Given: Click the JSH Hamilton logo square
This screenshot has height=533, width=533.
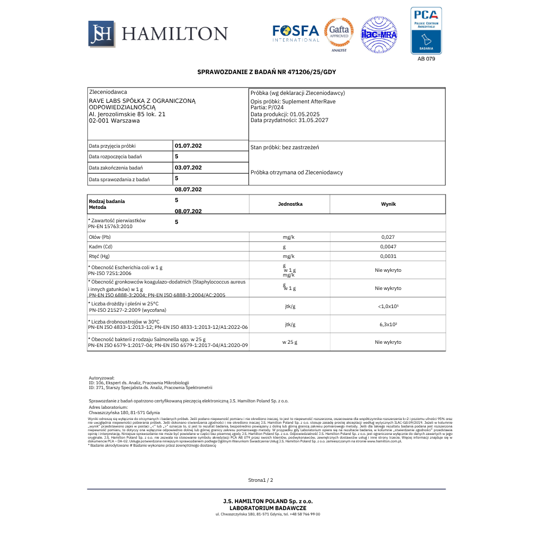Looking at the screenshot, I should click(x=101, y=34).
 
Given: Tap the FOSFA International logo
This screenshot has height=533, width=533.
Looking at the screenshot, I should click(x=296, y=33).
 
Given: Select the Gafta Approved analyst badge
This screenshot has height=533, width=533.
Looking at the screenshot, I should click(x=339, y=34).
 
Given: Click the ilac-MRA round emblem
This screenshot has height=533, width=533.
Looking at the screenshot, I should click(x=379, y=34).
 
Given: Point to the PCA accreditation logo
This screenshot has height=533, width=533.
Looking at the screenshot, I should click(x=426, y=30).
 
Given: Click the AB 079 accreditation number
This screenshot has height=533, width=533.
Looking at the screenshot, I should click(x=426, y=59).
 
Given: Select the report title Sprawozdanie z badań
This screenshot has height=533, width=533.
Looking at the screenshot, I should click(x=266, y=72).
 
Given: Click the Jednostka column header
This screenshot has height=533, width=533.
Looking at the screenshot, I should click(x=290, y=204).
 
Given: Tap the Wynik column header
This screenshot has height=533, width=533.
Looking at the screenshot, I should click(x=388, y=204).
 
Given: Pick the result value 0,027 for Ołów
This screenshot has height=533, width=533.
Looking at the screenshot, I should click(x=387, y=237).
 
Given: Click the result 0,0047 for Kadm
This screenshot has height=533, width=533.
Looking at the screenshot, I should click(x=387, y=247).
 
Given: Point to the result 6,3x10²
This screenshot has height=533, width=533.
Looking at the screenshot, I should click(x=387, y=325).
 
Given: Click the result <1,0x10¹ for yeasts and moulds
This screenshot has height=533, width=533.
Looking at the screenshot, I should click(x=387, y=306).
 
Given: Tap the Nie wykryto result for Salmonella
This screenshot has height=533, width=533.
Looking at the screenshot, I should click(x=387, y=342).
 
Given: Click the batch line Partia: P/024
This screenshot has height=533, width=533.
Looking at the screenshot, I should click(x=267, y=107).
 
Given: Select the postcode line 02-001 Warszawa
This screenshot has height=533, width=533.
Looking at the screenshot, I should click(x=114, y=121).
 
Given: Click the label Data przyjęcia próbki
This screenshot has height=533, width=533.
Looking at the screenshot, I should click(x=112, y=146).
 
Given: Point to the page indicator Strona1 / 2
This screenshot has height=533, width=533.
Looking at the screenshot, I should click(x=261, y=480).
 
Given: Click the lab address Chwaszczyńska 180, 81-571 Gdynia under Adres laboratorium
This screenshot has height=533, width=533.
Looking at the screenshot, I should click(x=124, y=413).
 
